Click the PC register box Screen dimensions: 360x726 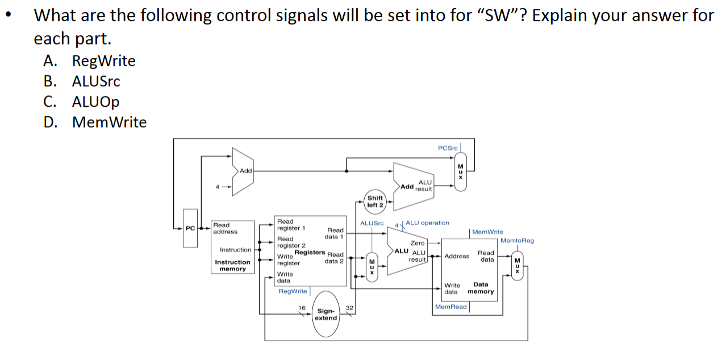click(190, 228)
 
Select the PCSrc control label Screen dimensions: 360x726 click(448, 148)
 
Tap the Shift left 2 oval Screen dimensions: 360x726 click(375, 202)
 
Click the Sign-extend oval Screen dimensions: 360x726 click(326, 314)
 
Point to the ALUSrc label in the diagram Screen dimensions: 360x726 click(372, 224)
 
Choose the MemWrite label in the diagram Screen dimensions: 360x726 click(487, 232)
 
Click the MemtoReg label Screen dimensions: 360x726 click(517, 241)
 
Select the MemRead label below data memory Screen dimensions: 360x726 click(450, 307)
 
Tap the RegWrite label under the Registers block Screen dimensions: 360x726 click(293, 291)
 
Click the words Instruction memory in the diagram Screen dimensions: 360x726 click(232, 265)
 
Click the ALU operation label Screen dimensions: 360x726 click(428, 223)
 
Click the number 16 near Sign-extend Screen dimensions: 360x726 click(302, 308)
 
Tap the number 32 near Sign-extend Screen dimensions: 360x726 click(349, 308)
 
